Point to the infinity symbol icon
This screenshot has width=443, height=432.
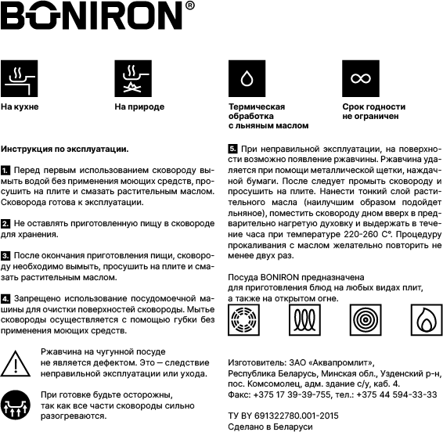click(359, 78)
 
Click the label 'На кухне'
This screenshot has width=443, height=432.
click(20, 106)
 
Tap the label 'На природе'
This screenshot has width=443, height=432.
click(139, 106)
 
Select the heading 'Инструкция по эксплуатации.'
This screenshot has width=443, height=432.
click(65, 148)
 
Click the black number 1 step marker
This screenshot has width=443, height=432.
click(5, 170)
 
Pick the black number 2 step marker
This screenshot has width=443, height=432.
click(5, 223)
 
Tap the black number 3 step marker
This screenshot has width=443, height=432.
click(5, 256)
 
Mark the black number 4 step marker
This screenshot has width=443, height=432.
click(5, 299)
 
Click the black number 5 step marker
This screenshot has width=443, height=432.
click(232, 148)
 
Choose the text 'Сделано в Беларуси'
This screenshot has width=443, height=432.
click(270, 427)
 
